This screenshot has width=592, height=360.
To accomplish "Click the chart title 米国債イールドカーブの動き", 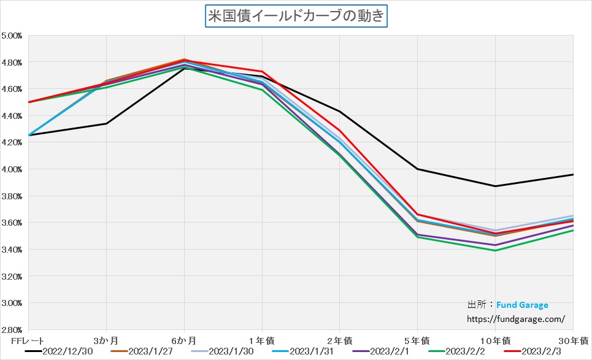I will pyautogui.click(x=296, y=15).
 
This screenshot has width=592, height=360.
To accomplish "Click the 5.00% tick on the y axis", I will pyautogui.click(x=12, y=36).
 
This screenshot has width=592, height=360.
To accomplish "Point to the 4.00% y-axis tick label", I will pyautogui.click(x=12, y=169).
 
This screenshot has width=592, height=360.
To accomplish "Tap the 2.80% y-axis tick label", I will pyautogui.click(x=12, y=329).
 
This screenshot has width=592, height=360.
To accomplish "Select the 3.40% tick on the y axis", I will pyautogui.click(x=12, y=250).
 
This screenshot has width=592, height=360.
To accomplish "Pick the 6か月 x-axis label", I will pyautogui.click(x=184, y=340).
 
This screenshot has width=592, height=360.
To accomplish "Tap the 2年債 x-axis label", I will pyautogui.click(x=340, y=340).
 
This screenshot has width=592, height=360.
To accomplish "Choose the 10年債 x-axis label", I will pyautogui.click(x=495, y=340).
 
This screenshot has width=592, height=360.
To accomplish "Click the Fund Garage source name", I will pyautogui.click(x=522, y=305).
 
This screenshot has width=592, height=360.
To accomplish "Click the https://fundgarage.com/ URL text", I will pyautogui.click(x=515, y=319).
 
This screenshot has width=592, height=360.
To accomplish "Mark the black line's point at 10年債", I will pyautogui.click(x=495, y=186).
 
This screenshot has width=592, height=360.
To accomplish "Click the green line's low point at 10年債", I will pyautogui.click(x=495, y=250).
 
